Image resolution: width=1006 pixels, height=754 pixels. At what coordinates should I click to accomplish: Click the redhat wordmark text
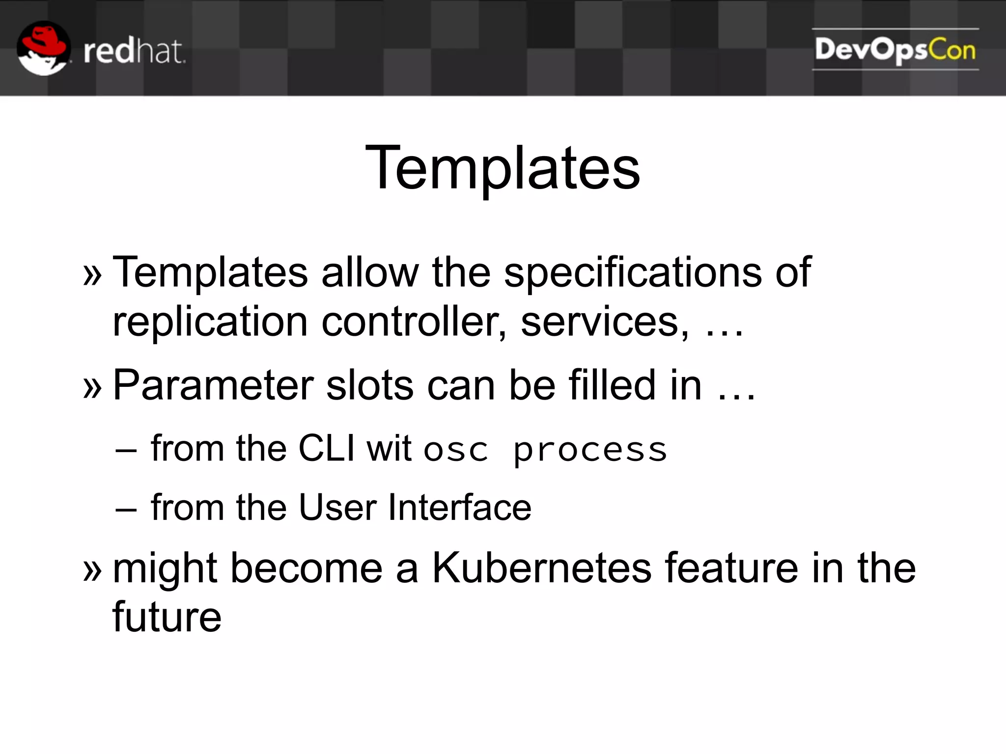(134, 51)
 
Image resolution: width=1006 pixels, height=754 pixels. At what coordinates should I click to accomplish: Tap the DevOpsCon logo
(895, 50)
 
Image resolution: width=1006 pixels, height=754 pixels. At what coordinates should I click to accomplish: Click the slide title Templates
(503, 168)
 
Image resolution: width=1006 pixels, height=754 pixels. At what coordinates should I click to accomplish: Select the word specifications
(633, 273)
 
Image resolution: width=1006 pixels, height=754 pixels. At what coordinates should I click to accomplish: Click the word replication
(210, 322)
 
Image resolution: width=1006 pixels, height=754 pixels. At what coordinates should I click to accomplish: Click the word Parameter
(213, 386)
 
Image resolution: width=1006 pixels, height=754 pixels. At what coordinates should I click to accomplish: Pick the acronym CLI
(327, 448)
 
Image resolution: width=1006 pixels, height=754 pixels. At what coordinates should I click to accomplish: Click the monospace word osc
(456, 451)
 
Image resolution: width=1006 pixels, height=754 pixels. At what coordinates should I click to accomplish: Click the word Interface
(459, 508)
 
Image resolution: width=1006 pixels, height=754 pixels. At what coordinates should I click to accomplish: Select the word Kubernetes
(542, 568)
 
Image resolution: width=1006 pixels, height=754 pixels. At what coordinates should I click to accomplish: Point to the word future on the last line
(167, 618)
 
